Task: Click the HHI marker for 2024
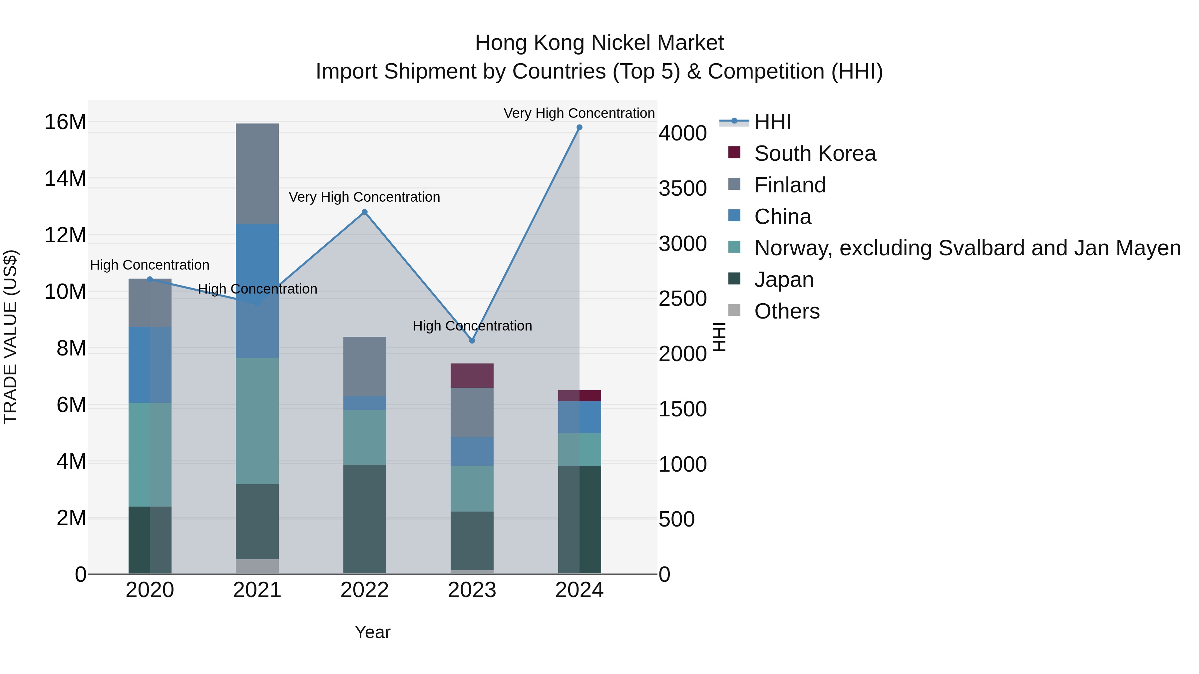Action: click(x=579, y=127)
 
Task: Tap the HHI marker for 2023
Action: click(x=472, y=340)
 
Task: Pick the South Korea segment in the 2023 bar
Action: click(x=472, y=375)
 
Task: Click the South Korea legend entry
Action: click(x=815, y=153)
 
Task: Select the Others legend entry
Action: click(x=787, y=311)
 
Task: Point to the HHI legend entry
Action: click(x=773, y=122)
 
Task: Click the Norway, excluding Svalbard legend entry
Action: click(x=967, y=248)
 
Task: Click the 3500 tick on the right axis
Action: click(x=682, y=188)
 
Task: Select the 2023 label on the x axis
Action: click(x=472, y=590)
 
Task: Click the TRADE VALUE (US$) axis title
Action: click(x=10, y=337)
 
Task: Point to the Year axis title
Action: click(x=372, y=632)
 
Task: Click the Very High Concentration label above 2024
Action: click(x=579, y=113)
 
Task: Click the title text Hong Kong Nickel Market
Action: click(x=599, y=43)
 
